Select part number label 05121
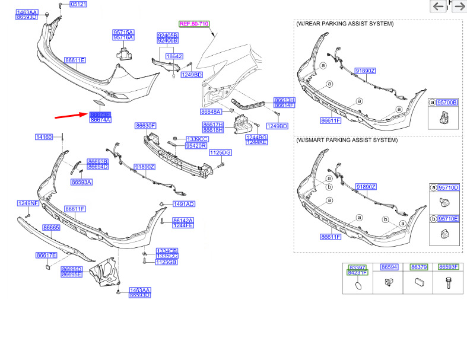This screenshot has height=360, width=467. (78, 4)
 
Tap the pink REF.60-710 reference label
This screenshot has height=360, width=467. (194, 23)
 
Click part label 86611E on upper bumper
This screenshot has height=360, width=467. (75, 60)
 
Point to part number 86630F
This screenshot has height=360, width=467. (145, 126)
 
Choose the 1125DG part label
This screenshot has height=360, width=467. (219, 153)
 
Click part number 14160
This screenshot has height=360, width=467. (44, 137)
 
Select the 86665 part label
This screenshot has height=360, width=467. (52, 227)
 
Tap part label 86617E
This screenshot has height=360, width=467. (46, 255)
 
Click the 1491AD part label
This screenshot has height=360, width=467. (183, 204)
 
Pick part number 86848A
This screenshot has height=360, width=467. (211, 111)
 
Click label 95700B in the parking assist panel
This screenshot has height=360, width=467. (447, 103)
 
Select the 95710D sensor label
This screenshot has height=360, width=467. (448, 187)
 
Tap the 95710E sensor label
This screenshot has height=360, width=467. (448, 218)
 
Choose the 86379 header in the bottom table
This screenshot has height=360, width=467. (419, 267)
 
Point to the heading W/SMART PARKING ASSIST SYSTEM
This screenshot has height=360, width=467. (347, 141)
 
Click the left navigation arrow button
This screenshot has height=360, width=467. (438, 7)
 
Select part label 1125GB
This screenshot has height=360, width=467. (167, 262)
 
